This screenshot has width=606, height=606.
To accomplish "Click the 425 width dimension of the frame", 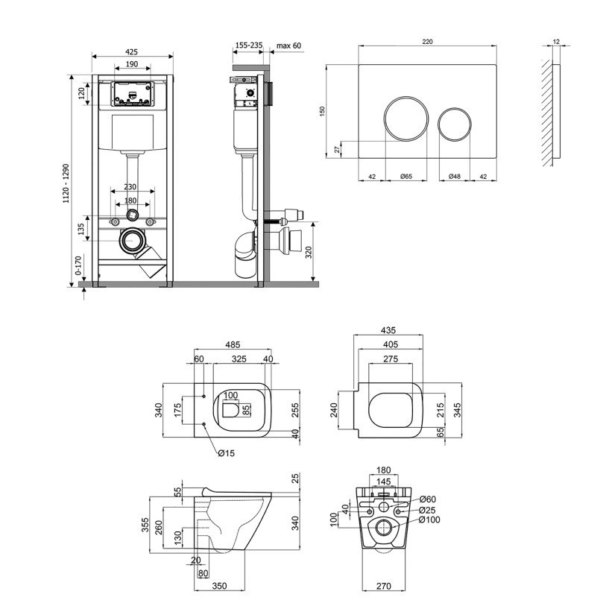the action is pos(132,51).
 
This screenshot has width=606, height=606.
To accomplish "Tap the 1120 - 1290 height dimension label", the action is pos(66,183).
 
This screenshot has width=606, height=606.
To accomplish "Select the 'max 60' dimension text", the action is pos(288,45).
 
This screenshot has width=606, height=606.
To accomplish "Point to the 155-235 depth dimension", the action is pos(249,45).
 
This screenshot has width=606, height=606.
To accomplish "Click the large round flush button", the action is pos(406,118).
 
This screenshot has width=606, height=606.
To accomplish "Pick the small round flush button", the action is pos(455,124).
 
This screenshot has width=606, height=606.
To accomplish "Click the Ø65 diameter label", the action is pos(405,177).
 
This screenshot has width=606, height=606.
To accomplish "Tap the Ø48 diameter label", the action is pos(455,177).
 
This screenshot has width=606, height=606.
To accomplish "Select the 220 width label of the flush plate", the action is pos(427,42).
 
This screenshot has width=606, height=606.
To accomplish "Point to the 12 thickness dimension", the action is pos(556,41).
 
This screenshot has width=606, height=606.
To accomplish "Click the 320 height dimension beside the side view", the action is pos(309,252).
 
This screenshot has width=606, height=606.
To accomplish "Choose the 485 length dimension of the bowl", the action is pos(233,344).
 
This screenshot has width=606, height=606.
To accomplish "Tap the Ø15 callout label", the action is pos(226,453).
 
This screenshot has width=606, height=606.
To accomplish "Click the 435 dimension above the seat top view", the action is pos(388,330).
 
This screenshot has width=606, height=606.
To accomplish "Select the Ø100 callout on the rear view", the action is pos(429,520).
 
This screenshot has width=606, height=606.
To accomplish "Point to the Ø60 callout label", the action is pos(427,499).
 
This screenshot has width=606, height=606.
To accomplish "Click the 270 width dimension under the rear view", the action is pos(384,587).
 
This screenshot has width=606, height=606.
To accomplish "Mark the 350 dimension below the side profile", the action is pos(220,587).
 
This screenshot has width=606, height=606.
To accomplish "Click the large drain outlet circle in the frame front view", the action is pos(133,241).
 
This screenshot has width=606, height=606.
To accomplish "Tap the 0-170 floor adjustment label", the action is pos(78,265).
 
